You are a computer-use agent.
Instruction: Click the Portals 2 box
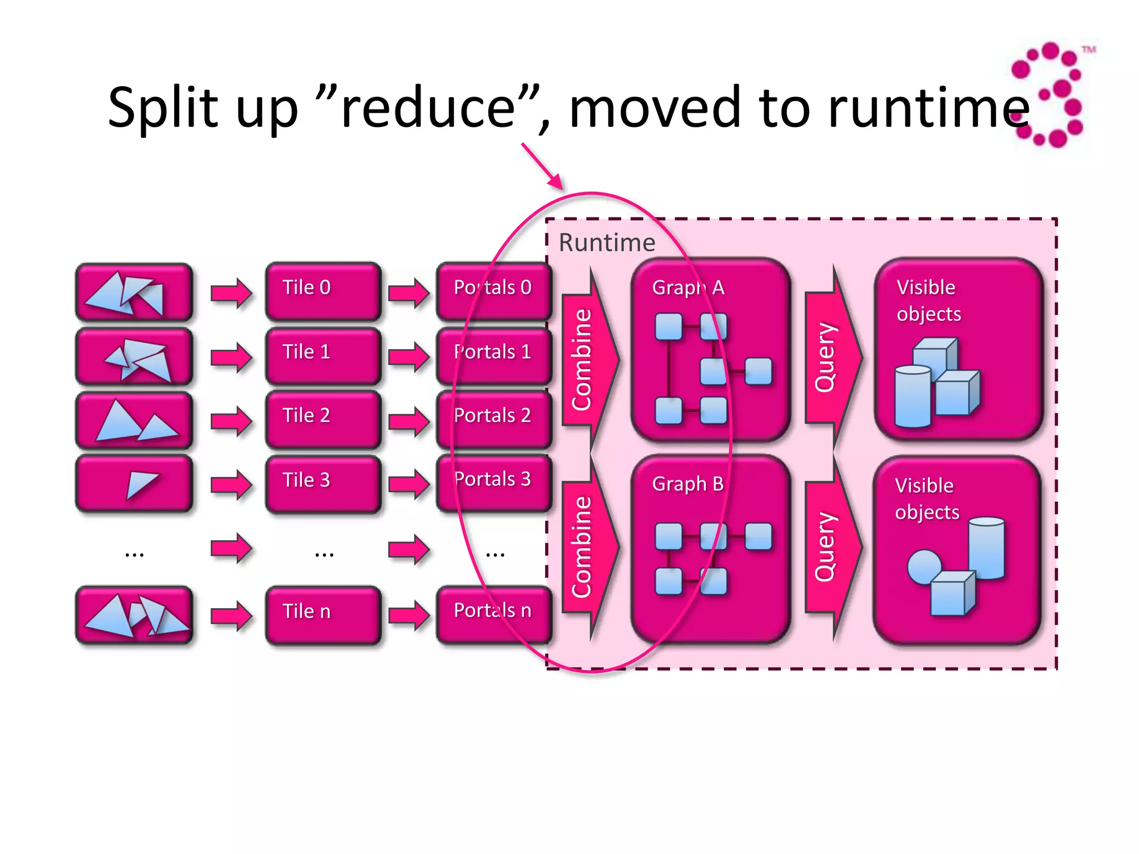tap(493, 419)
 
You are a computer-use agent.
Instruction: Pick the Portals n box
tap(493, 614)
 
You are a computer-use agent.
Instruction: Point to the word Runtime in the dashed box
tap(607, 243)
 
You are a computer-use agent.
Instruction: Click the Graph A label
tap(688, 287)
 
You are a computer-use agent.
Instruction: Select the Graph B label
tap(688, 484)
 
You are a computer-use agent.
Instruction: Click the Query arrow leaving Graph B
tap(831, 548)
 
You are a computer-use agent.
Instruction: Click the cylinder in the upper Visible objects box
tap(912, 396)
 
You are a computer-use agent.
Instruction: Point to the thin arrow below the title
tap(542, 167)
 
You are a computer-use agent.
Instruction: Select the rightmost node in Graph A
tap(758, 371)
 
